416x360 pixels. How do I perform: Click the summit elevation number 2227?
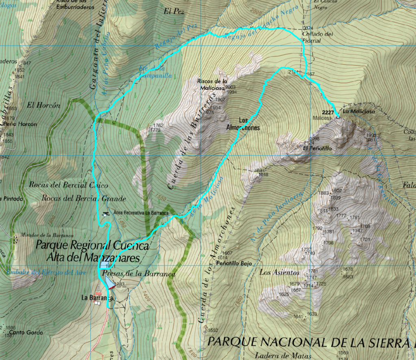(x=327, y=113)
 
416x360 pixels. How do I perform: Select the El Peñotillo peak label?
(x=318, y=149)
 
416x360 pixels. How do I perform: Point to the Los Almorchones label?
(x=243, y=124)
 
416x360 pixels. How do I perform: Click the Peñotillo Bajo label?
(x=234, y=263)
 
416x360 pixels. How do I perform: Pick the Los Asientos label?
(x=279, y=272)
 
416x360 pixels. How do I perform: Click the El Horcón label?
(x=43, y=105)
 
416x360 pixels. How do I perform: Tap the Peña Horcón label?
(x=22, y=124)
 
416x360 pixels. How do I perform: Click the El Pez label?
(x=174, y=12)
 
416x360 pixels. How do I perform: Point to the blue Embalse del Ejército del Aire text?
(x=47, y=273)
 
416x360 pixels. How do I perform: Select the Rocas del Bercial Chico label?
(x=68, y=185)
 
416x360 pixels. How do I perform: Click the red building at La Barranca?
(x=98, y=294)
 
